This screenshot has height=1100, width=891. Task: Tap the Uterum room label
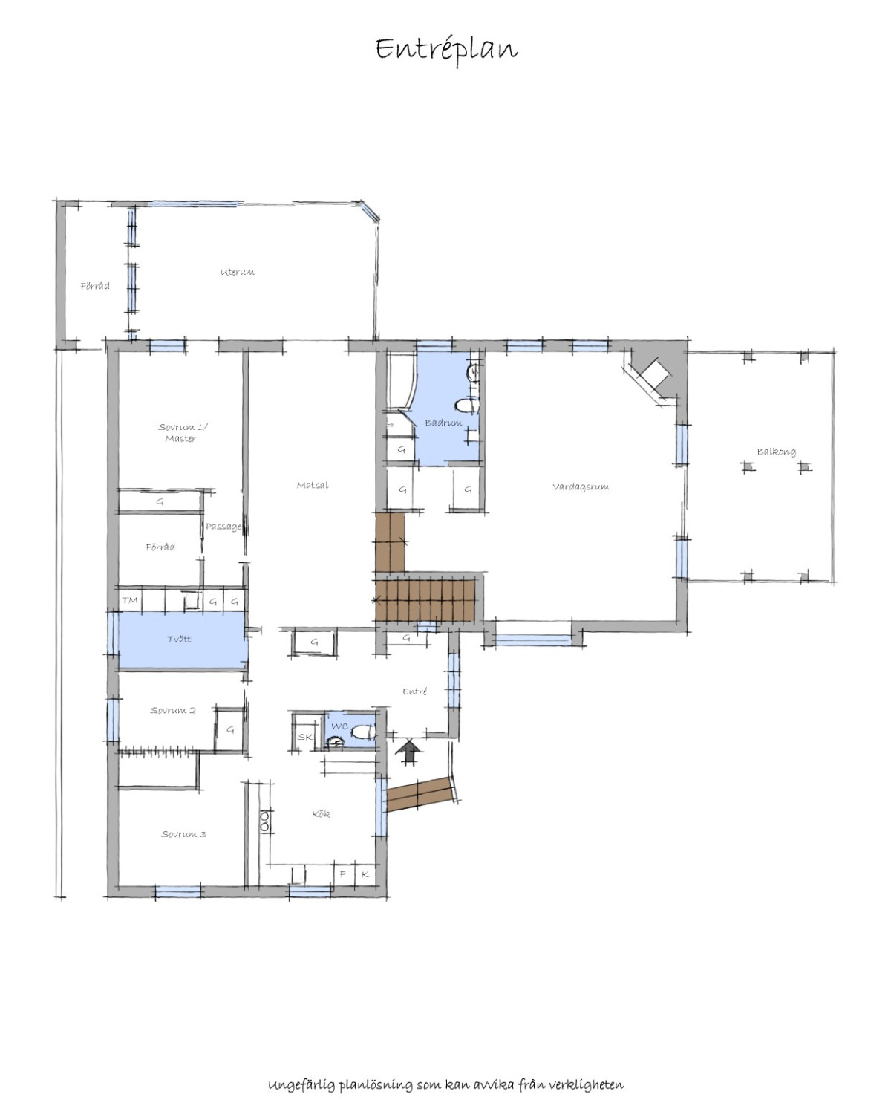point(238,272)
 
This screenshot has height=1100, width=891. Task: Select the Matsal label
point(313,485)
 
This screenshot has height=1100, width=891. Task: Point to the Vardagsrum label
point(581,486)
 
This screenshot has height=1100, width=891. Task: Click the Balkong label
point(776,452)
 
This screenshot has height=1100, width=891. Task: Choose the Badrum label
point(443,423)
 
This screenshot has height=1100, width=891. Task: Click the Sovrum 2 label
point(173,710)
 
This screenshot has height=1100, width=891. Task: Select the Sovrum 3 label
point(184,834)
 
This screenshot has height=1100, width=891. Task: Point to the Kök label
point(321,814)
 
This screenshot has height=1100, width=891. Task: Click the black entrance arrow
point(408,752)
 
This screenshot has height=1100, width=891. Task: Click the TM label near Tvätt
point(130,599)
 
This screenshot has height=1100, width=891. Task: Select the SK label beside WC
point(304,737)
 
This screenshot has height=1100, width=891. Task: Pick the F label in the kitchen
point(342,874)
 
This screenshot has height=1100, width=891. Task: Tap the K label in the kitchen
point(365,874)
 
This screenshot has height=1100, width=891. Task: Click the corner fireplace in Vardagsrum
point(653,375)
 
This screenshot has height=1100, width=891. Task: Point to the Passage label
point(223,527)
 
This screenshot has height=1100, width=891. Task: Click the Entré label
point(414,691)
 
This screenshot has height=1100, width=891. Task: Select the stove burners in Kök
point(265,821)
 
